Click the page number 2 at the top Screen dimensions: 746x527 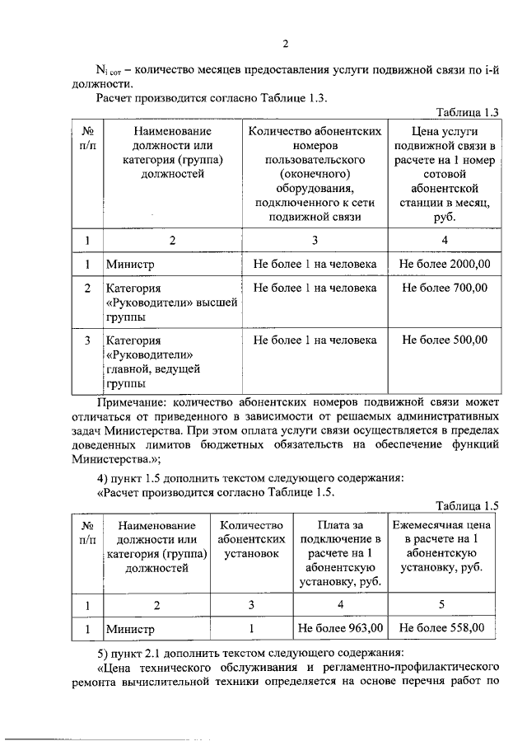pos(284,45)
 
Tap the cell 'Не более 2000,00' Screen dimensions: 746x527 pos(445,265)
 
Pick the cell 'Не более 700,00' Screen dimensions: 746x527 pos(445,289)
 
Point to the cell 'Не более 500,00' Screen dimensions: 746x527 pos(445,340)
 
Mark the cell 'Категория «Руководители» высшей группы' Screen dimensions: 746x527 pos(171,303)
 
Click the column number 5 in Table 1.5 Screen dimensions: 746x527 pos(441,604)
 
